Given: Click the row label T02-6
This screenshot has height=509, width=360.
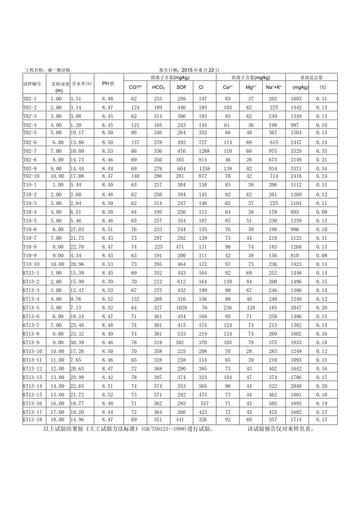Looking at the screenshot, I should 30,142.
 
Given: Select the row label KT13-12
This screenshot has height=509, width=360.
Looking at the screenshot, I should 32,369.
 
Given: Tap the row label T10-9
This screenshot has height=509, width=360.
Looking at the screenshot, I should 30,255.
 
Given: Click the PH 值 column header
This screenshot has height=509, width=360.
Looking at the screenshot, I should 108,83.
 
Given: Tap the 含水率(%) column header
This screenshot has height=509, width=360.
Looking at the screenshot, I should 82,83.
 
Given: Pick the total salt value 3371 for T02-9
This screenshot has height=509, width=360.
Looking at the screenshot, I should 296,168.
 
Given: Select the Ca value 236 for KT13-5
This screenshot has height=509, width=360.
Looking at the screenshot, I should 228,308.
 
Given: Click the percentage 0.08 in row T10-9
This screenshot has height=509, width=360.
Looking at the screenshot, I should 322,255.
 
